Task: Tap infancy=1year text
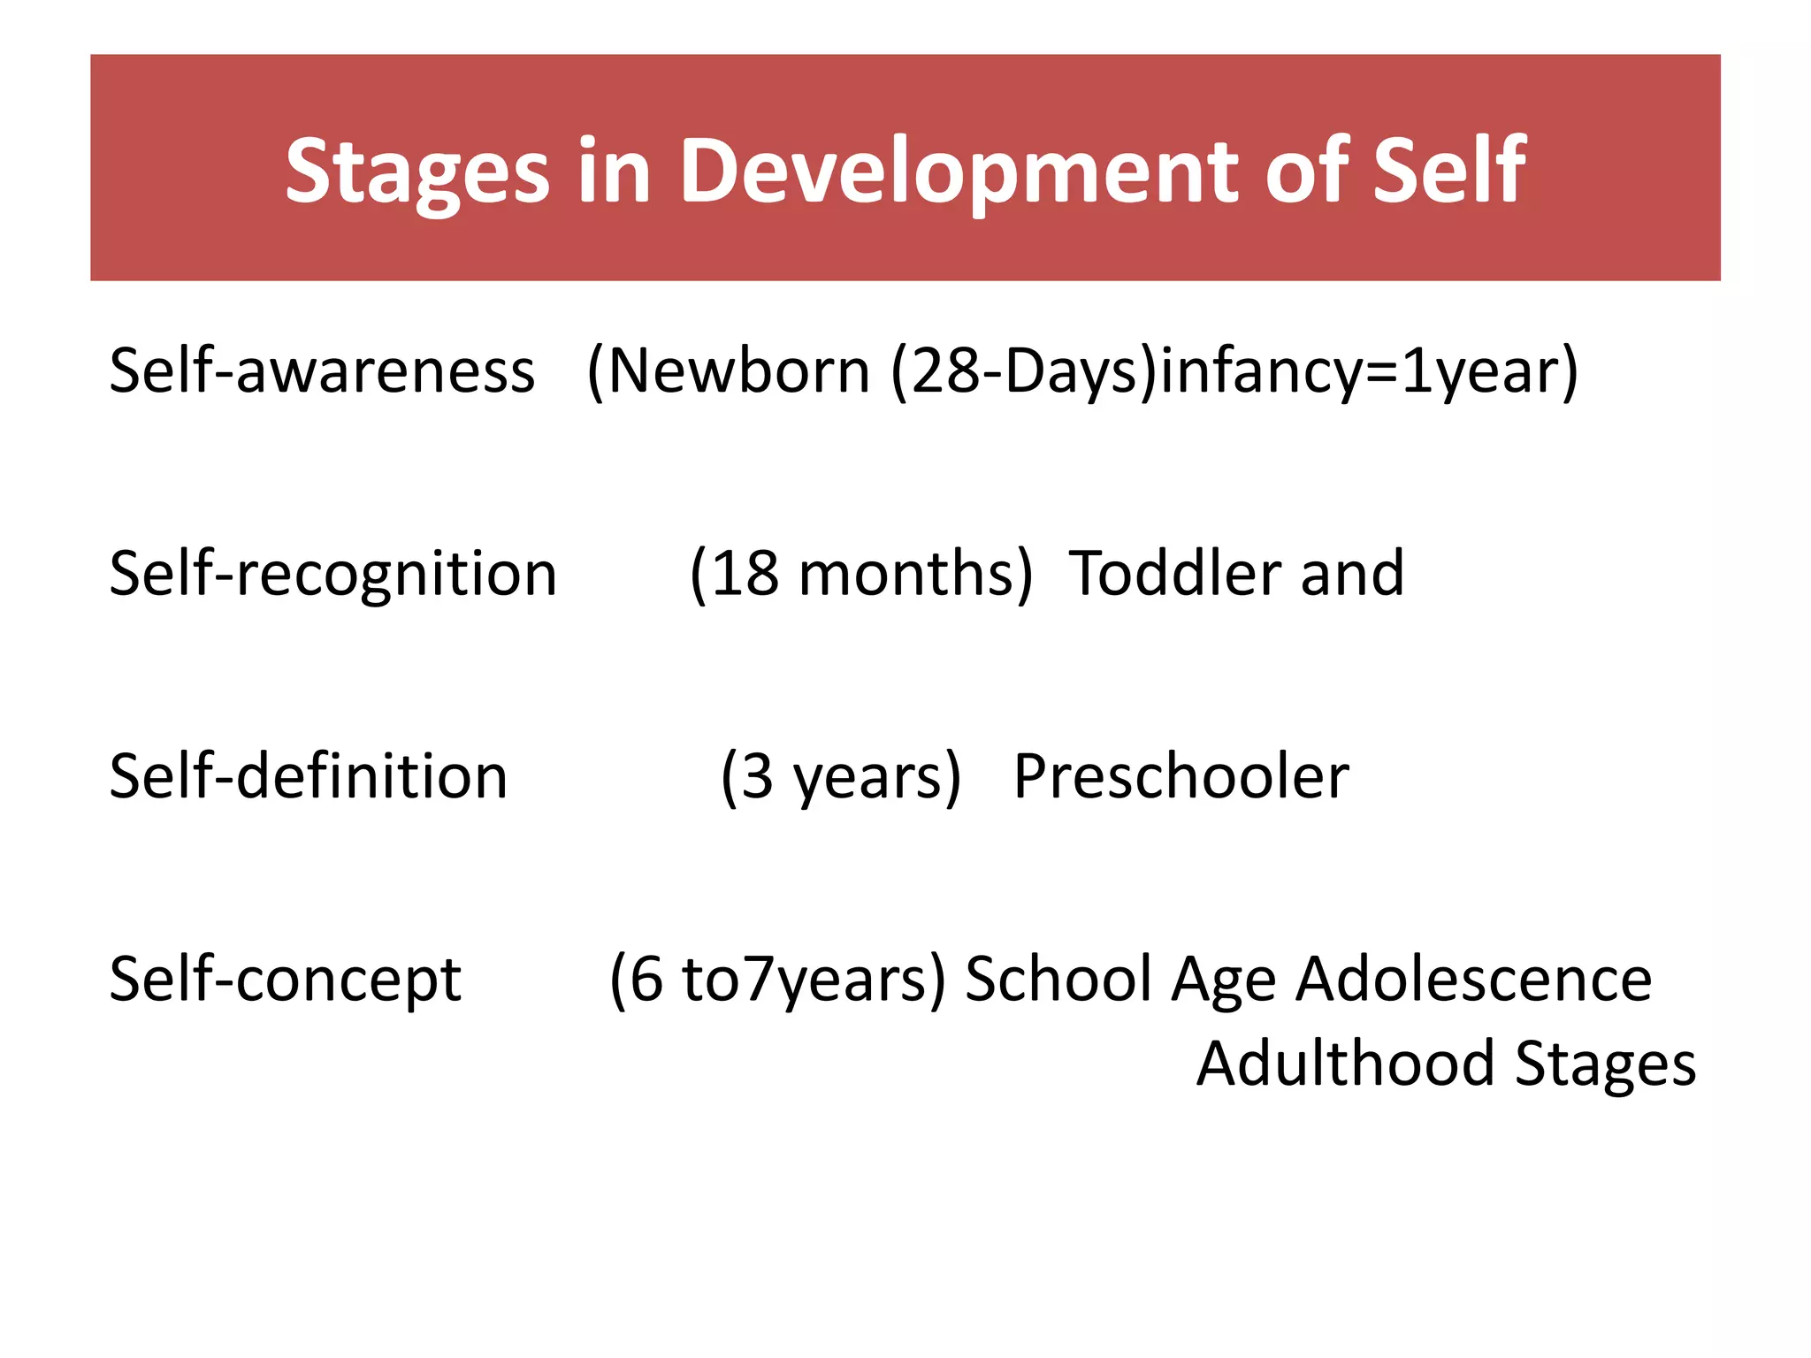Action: click(x=1362, y=371)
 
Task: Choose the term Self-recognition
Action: click(x=332, y=574)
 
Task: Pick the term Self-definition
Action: click(x=308, y=775)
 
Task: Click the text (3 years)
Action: click(x=840, y=776)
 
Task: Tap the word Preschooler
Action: click(x=1181, y=776)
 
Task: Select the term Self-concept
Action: click(x=285, y=980)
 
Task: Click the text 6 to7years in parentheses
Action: click(x=778, y=980)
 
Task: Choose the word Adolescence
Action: click(x=1473, y=979)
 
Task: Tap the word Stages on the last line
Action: click(x=1605, y=1064)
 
